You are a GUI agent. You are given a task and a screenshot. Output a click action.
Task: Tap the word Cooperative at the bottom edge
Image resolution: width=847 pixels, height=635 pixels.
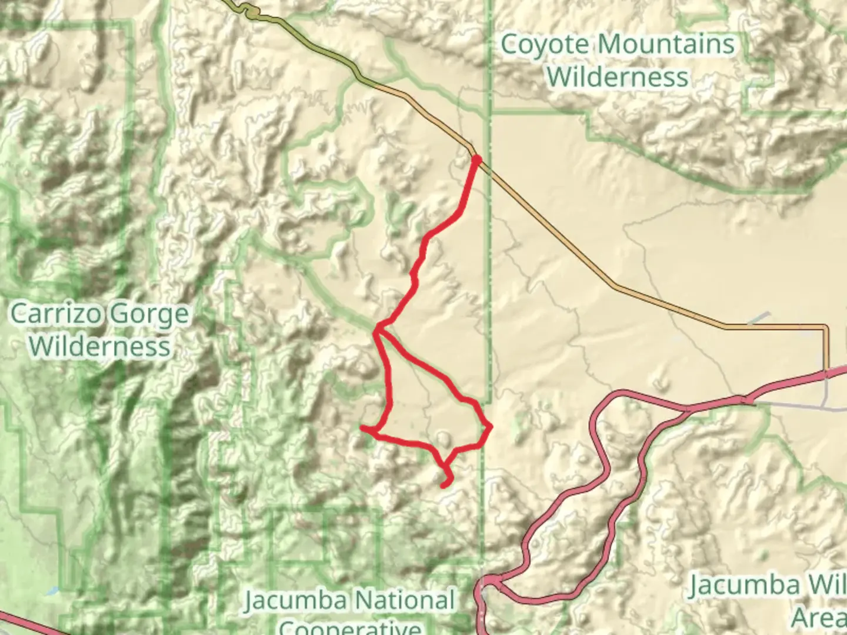(351, 627)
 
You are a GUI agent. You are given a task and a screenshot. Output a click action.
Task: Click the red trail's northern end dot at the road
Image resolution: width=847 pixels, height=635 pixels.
(476, 159)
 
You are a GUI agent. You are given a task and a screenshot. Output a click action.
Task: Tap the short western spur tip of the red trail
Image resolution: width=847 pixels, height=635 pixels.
(364, 429)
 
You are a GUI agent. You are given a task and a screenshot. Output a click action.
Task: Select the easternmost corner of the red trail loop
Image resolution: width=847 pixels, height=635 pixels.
(490, 426)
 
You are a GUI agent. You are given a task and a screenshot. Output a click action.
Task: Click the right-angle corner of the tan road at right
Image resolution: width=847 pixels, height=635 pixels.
(826, 327)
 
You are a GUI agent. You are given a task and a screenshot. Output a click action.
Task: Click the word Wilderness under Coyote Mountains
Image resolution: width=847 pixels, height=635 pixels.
(618, 78)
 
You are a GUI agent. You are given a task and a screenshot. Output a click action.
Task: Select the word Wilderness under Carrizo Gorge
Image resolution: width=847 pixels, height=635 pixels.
(100, 346)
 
